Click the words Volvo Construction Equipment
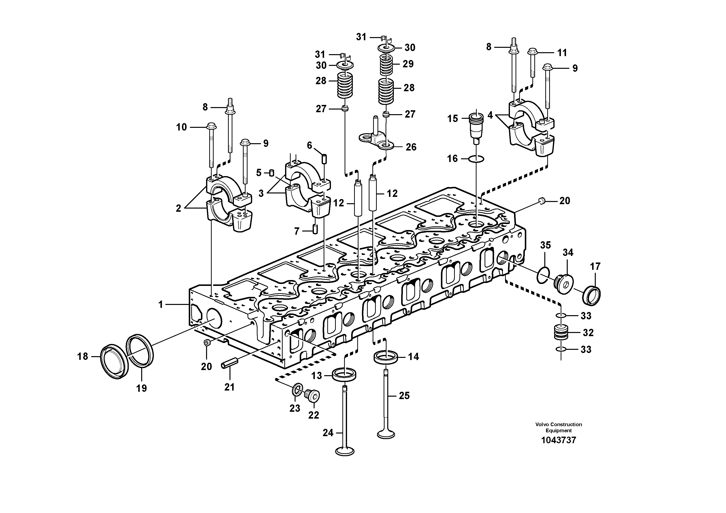(558, 427)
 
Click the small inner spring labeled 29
(386, 65)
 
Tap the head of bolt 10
(210, 127)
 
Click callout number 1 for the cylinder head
(161, 305)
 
